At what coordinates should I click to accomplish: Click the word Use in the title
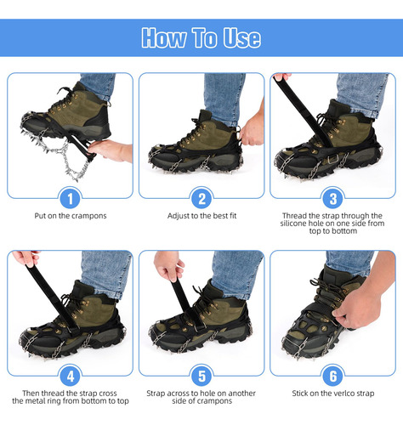241,37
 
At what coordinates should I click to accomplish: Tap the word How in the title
164,37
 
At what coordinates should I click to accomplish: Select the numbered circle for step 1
70,199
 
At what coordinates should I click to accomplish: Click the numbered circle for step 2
201,199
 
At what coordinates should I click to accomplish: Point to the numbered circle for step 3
333,199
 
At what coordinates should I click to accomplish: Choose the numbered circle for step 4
70,377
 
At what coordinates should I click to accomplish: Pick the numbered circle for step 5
201,377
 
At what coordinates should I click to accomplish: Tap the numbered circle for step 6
333,377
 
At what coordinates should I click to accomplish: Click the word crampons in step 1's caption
90,216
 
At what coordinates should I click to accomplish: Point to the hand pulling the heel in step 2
252,128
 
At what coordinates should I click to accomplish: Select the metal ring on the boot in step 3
333,160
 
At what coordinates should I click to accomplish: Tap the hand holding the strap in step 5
168,266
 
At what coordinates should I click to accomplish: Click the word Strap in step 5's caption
156,394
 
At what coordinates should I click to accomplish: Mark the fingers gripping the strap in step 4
26,258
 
